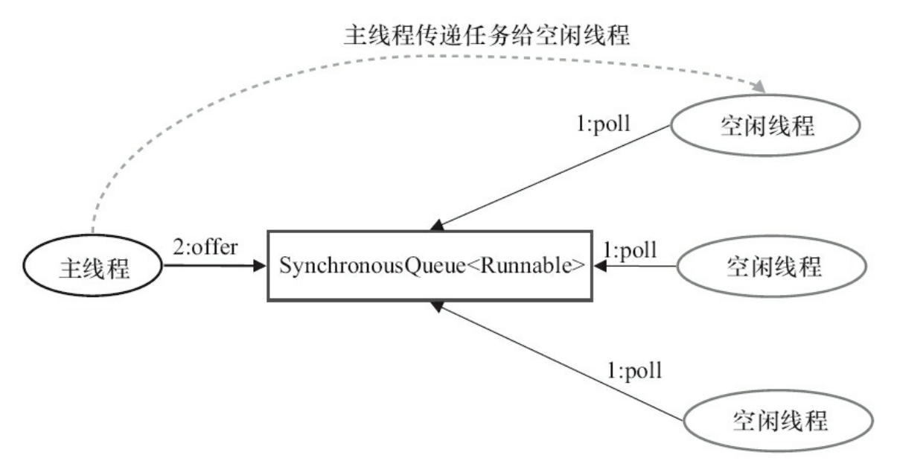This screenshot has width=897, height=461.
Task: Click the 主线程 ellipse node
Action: coord(93,267)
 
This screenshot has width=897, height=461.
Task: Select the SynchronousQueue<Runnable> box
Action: coord(430,266)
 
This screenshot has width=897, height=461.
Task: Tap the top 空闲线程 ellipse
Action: coord(766,126)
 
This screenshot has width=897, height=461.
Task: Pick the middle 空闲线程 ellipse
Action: coord(773,267)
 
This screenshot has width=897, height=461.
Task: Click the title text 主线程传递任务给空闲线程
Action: coord(486,34)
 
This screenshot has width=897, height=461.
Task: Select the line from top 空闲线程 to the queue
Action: coord(558,175)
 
